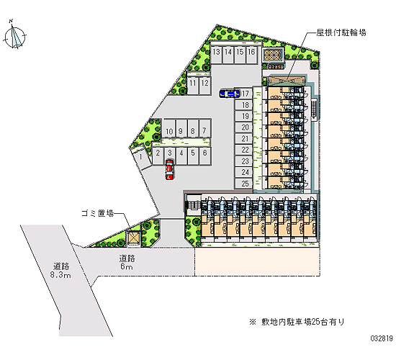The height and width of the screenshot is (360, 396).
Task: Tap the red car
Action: pos(169,169)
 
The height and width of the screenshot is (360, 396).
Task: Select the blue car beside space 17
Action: pos(229,94)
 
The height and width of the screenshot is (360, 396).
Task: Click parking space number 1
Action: pos(140,157)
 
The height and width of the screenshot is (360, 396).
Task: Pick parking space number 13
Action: pos(216,55)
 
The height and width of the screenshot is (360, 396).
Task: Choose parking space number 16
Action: pos(251,55)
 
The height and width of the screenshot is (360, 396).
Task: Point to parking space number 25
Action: pos(243,184)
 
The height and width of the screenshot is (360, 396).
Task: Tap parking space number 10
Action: pos(169,129)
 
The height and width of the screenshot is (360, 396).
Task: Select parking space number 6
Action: pos(204,156)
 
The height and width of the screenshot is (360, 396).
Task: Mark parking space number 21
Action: pos(243,139)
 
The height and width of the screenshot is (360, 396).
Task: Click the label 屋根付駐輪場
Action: pos(341,32)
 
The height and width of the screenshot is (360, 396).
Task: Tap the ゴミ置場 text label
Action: pos(97,213)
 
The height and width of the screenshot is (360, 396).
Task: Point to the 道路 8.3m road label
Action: pos(60,270)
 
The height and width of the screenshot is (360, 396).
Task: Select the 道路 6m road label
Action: pos(127,262)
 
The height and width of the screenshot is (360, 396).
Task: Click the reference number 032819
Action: pos(382,338)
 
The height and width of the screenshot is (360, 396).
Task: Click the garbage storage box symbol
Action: pos(133,238)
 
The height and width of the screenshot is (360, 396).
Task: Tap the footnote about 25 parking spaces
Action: pos(297,322)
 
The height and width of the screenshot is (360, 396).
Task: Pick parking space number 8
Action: pos(193,129)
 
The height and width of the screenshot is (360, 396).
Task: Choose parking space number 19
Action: pos(243,116)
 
